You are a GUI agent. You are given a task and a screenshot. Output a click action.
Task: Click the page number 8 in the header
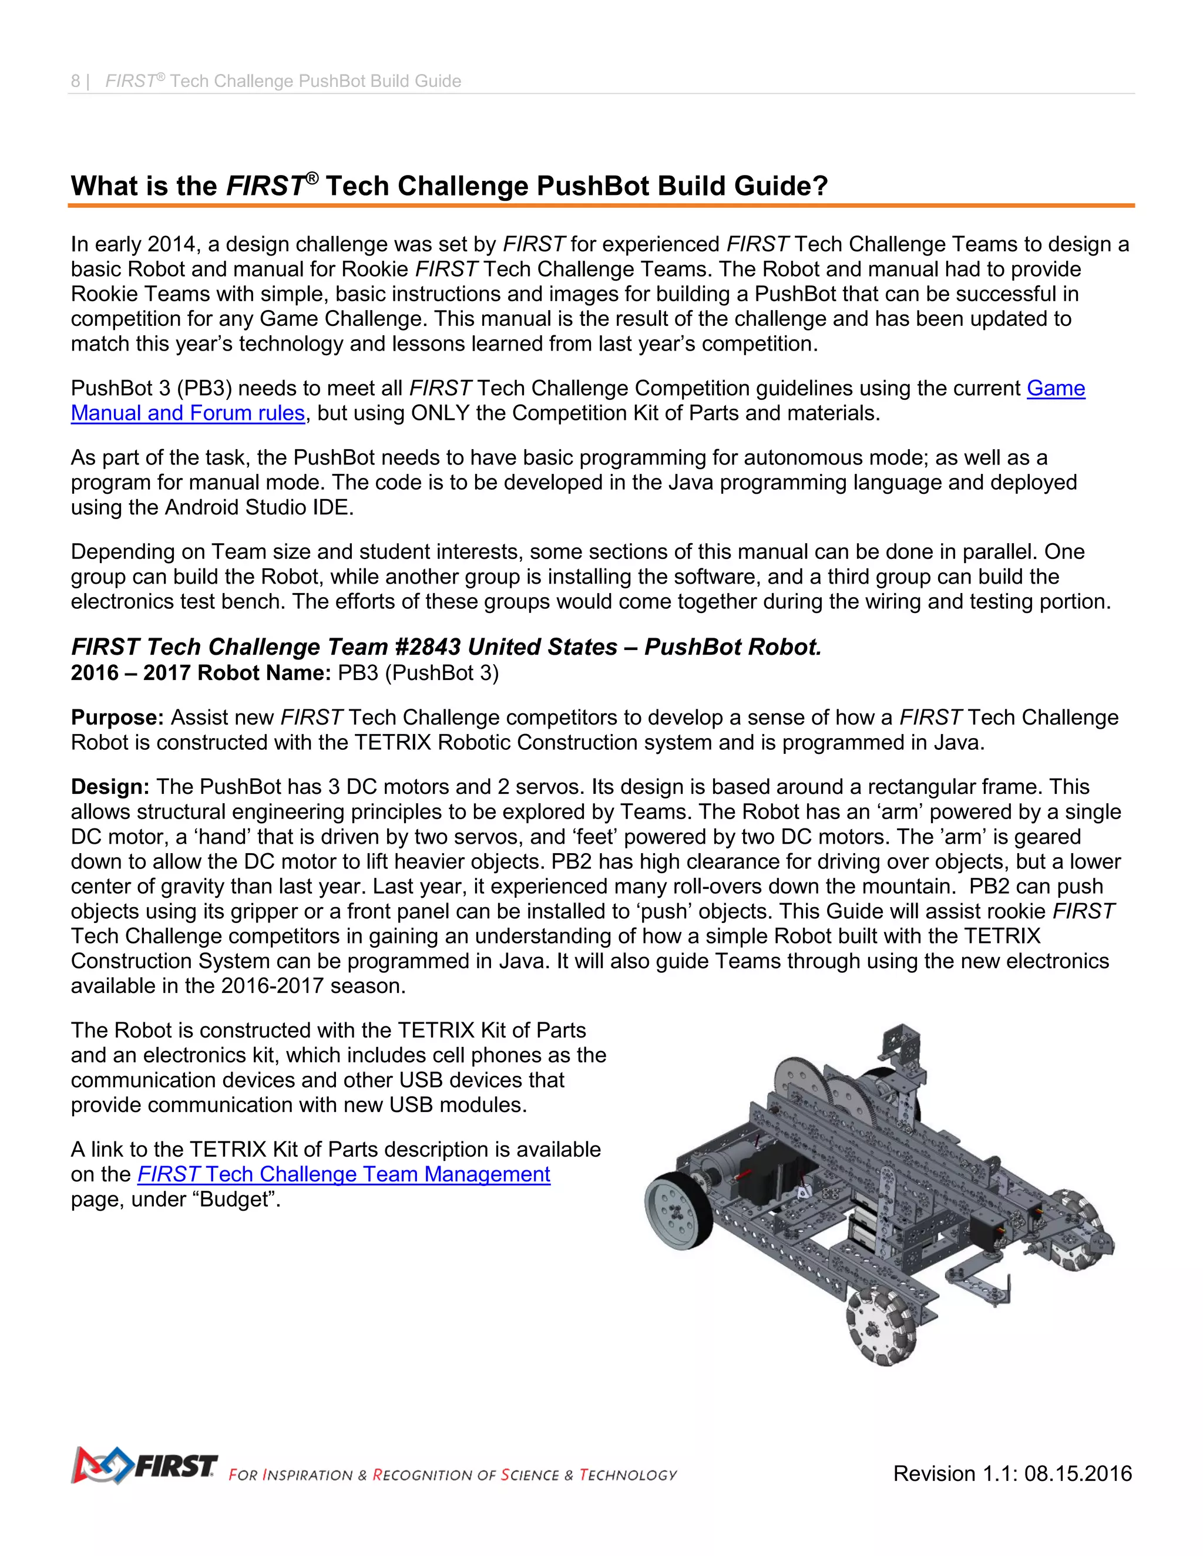pos(75,81)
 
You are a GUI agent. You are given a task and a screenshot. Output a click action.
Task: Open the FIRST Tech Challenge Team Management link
pos(344,1174)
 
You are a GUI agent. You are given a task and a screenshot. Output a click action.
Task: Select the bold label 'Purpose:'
pos(117,718)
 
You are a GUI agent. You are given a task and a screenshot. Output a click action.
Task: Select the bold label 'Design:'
pos(110,787)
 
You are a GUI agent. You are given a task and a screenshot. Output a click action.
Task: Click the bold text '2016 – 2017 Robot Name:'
pos(200,672)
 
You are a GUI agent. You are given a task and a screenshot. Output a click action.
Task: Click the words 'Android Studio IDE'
pos(258,507)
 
